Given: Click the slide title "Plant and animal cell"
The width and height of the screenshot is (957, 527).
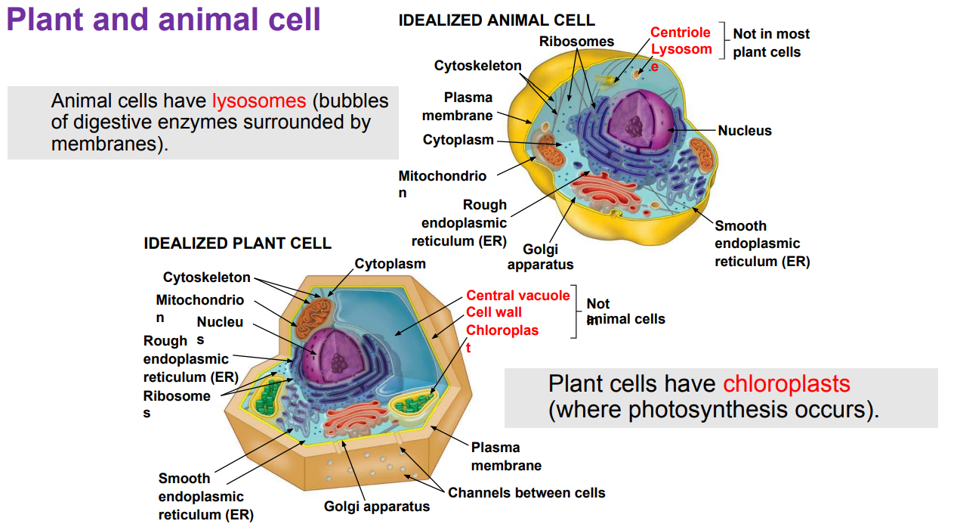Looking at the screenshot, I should (164, 20).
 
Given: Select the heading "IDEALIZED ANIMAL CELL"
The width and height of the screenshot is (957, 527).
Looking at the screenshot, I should (496, 20).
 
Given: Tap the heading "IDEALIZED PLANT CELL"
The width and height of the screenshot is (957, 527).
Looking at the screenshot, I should (237, 243).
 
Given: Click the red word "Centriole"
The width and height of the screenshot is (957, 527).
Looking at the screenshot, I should (681, 33).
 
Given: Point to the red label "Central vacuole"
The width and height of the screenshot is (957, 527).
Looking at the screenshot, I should (517, 296).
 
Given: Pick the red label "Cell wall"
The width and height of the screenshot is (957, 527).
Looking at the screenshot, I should (494, 312).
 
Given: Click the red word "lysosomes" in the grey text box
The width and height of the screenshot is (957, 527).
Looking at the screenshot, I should (259, 101).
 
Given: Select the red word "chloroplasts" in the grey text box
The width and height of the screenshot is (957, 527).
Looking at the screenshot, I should (786, 384).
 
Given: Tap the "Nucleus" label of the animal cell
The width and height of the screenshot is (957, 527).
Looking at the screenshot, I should (745, 131).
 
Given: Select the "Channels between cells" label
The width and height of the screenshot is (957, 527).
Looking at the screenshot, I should (526, 493).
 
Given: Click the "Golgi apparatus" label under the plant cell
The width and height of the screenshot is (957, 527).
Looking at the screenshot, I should (377, 507).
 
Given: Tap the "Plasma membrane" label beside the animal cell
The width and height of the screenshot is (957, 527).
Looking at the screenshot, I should (458, 107).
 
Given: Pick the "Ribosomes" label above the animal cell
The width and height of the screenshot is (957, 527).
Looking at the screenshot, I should (576, 41).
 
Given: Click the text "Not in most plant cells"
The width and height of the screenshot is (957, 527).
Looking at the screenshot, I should (770, 43).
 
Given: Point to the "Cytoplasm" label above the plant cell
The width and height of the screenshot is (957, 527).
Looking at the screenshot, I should (390, 264).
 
